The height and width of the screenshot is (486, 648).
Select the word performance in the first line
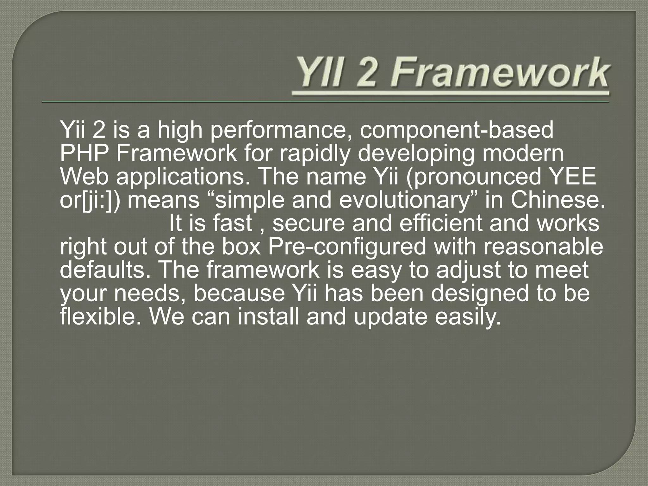click(277, 131)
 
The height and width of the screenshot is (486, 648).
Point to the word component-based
click(456, 131)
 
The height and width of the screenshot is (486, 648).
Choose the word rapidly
click(315, 154)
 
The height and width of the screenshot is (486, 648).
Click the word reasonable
click(543, 247)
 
